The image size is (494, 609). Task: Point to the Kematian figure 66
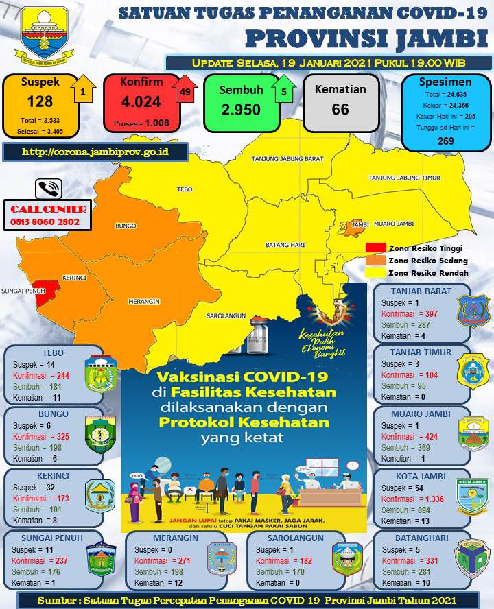tap(340, 109)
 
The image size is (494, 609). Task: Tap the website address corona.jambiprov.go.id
tap(95, 151)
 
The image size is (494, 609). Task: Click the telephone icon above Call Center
tap(49, 189)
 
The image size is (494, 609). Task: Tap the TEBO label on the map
tap(183, 189)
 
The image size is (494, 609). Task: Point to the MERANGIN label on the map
tap(143, 301)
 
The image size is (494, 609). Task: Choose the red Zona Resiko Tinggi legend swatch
tap(375, 248)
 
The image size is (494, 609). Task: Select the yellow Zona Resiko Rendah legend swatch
tap(375, 272)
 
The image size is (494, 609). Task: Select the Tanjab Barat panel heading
tap(423, 291)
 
